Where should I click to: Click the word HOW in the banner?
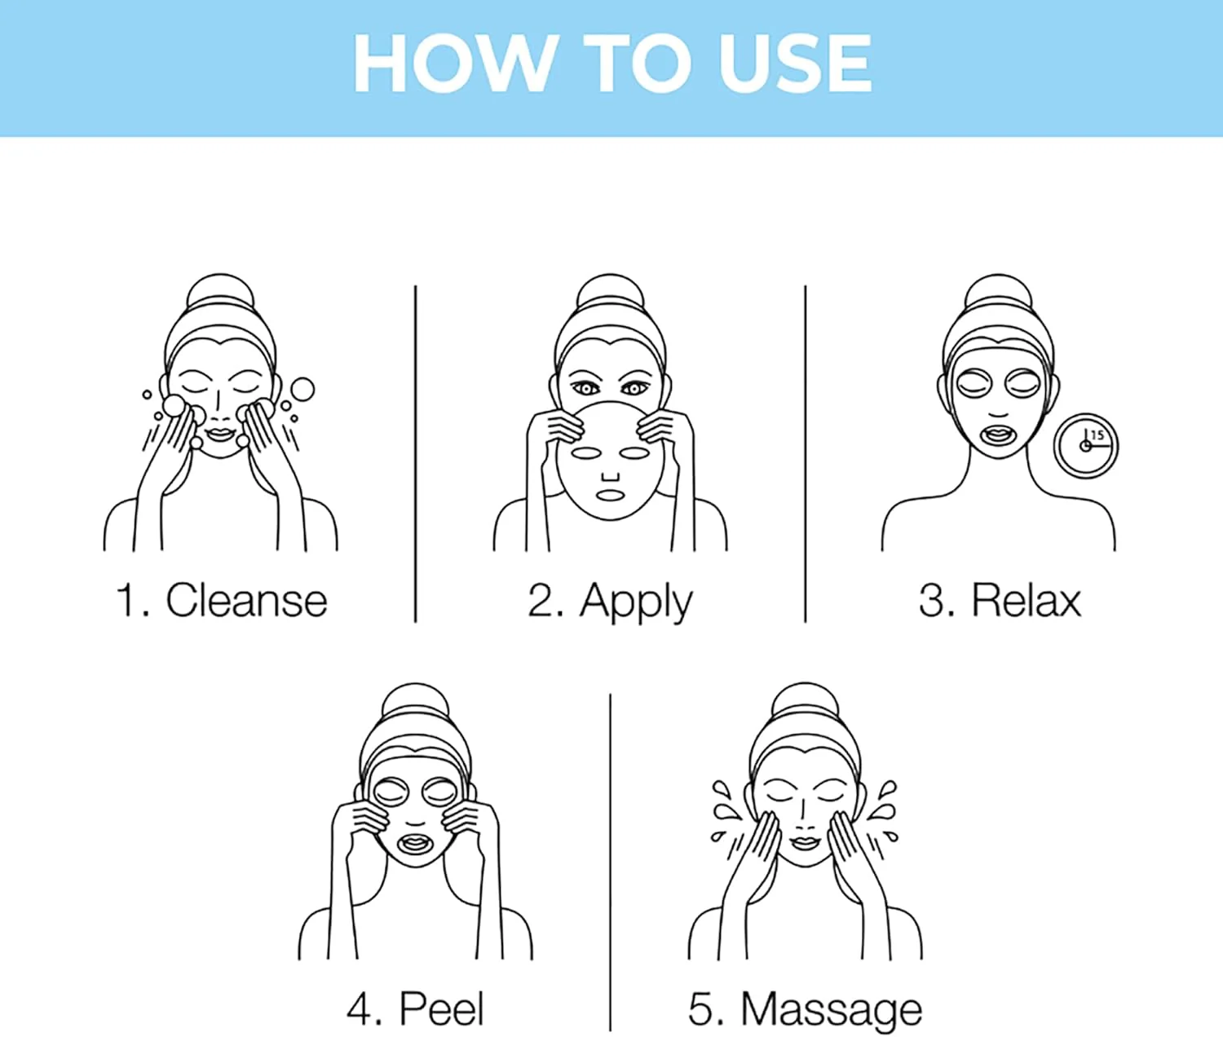[x=454, y=63]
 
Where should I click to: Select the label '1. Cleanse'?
[x=222, y=600]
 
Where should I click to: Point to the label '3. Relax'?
[x=1000, y=600]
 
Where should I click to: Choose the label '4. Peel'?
[x=415, y=1008]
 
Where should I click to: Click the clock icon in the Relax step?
[x=1086, y=446]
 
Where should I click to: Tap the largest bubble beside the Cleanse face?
[x=303, y=389]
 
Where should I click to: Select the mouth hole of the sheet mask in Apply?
[x=610, y=495]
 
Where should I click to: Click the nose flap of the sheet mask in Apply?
[x=610, y=476]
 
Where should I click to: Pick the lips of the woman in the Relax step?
[x=998, y=437]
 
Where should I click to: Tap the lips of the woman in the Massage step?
[x=805, y=842]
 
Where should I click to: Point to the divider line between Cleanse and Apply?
[x=415, y=454]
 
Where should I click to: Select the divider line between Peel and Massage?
[x=610, y=862]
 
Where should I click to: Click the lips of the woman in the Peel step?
[x=415, y=843]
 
